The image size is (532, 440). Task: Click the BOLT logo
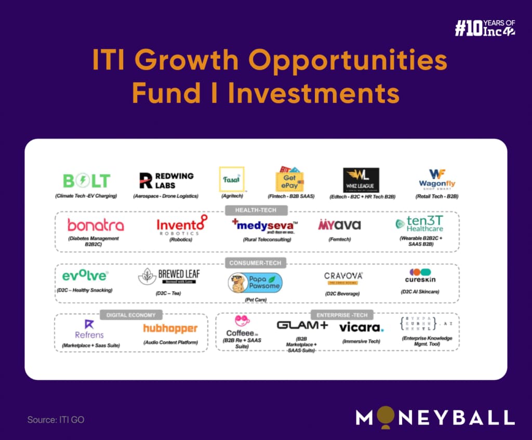[x=86, y=180]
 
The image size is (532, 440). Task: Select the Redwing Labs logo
[x=166, y=180]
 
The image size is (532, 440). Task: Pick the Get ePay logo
[x=289, y=179]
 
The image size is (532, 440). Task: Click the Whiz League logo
[x=361, y=180]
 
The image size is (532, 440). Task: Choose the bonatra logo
[x=96, y=225]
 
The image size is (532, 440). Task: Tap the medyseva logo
[x=264, y=225]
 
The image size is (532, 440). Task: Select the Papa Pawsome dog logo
[x=255, y=283]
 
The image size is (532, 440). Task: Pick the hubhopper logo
[x=170, y=328]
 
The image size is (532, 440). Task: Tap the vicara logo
[x=361, y=327]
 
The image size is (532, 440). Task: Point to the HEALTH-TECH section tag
[x=256, y=210]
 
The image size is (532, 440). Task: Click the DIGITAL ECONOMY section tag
[x=131, y=314]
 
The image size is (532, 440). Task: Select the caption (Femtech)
[x=339, y=239]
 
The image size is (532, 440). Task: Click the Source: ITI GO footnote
[x=56, y=419]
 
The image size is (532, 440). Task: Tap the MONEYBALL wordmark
[x=435, y=417]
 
